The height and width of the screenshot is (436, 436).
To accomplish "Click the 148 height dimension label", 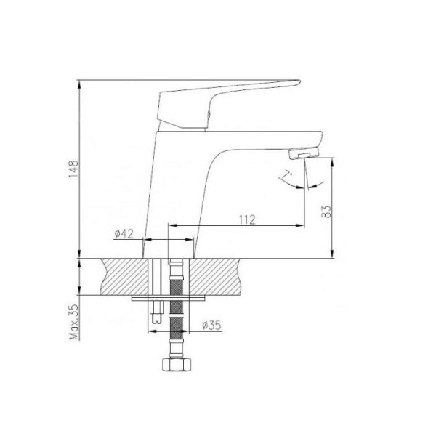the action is pos(73,169).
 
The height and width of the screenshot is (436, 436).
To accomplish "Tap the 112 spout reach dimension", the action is pos(247,219).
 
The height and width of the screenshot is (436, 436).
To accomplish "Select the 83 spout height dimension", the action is pos(326,211).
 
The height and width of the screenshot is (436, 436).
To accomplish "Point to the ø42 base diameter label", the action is pos(124,234).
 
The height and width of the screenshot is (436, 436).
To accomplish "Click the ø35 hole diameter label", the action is pos(212,325).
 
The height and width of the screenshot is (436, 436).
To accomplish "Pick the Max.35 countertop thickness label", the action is pos(74,322).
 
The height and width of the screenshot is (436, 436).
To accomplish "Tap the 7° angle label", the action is pos(286,175).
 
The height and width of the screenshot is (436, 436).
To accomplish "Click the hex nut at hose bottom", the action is pos(177,365).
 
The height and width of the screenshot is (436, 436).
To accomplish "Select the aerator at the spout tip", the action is pos(304,153).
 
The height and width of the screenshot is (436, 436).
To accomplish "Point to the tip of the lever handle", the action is pos(299,81).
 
